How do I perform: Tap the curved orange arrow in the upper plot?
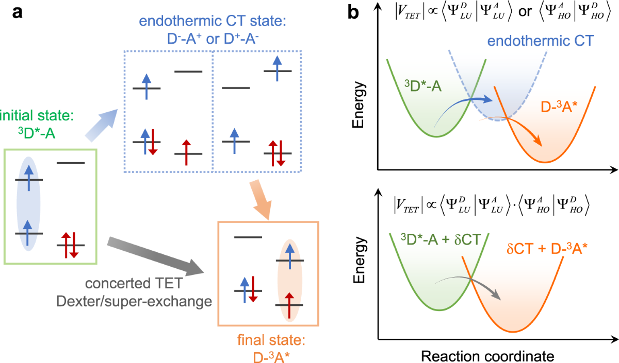(x=526, y=131)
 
